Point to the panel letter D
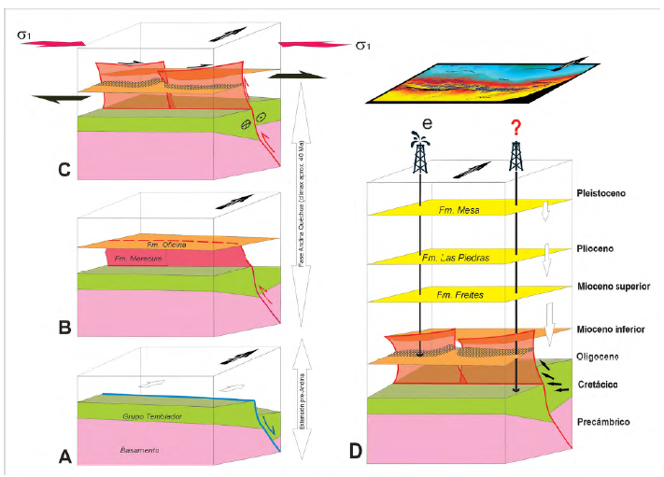tap(356, 452)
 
